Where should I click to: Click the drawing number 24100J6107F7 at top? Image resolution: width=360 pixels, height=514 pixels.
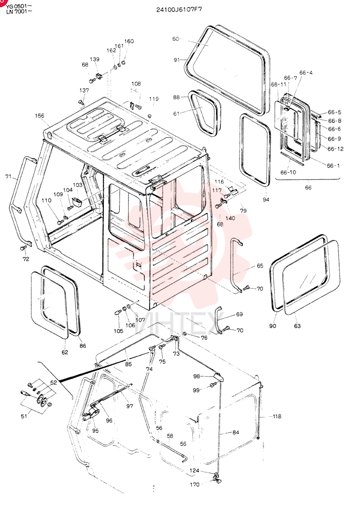point(179,9)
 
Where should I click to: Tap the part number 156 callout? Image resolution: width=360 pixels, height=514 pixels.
point(40,116)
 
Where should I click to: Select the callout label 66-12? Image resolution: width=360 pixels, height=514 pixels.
point(335,149)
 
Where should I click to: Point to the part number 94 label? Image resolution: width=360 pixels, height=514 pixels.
point(266,199)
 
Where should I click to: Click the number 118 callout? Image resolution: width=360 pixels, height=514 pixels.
point(277,416)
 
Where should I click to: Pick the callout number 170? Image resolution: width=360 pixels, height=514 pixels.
point(194,485)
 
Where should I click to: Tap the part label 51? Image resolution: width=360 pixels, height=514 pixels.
point(24,416)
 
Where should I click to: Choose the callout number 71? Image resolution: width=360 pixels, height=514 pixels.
point(8,177)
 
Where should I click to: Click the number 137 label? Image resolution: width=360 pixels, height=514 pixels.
point(84,90)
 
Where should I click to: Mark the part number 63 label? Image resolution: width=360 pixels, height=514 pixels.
point(297,326)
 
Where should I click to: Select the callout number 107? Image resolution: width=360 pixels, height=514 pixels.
point(140,320)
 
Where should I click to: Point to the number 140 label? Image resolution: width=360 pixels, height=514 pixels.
point(230,217)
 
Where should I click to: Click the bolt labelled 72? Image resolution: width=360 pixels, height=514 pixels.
point(23,248)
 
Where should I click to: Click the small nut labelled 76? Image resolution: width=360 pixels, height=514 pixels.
point(185,334)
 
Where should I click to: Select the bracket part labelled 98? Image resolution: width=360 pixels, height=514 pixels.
point(218,377)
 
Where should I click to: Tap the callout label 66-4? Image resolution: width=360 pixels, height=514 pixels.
point(306,72)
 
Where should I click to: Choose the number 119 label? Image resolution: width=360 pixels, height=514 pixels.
point(154,99)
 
